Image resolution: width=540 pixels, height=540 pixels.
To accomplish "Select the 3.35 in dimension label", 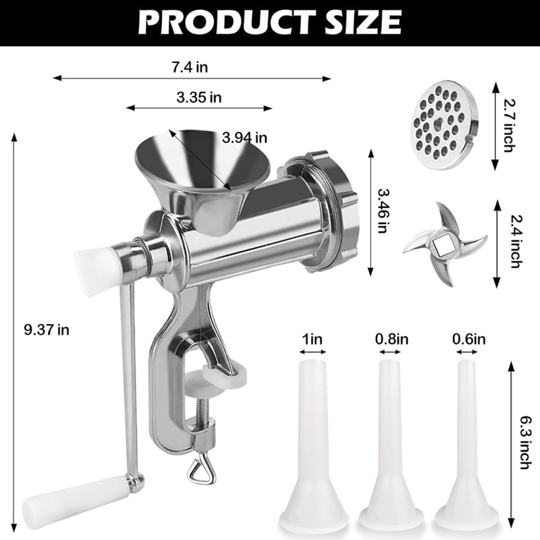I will (199, 97).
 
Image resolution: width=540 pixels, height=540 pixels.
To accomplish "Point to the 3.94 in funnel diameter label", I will (245, 138).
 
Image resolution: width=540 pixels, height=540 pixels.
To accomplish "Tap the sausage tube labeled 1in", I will (313, 446).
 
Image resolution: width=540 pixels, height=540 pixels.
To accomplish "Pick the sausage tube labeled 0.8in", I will (391, 446).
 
